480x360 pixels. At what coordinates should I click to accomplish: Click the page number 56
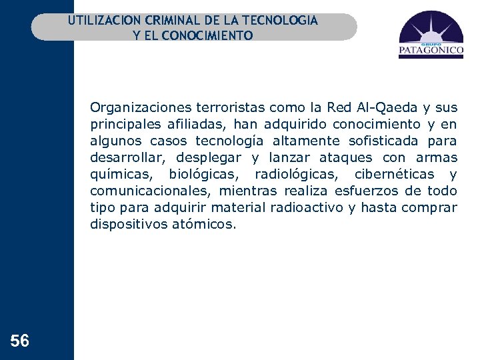click(20, 341)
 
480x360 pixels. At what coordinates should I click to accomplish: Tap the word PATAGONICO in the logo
click(431, 49)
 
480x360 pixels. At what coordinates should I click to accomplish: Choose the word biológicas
click(201, 174)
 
